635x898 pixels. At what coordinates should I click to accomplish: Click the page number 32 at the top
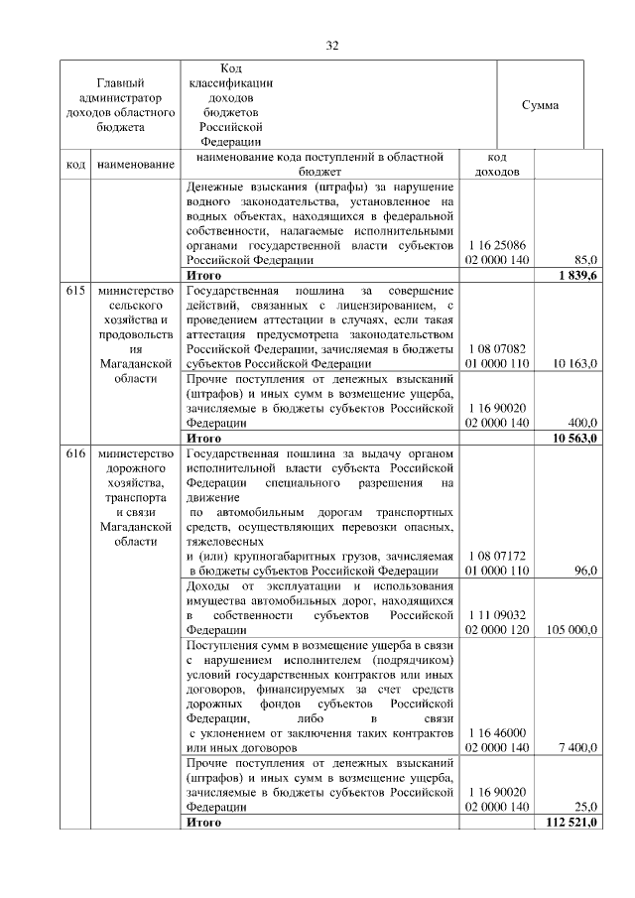(332, 45)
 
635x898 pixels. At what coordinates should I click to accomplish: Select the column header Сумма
(540, 105)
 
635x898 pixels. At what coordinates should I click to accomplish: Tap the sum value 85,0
(584, 260)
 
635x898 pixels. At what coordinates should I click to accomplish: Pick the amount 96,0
(585, 571)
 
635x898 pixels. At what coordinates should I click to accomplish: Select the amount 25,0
(585, 808)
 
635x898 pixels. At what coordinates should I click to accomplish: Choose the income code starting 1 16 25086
(497, 252)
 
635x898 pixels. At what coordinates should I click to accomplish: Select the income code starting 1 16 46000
(497, 739)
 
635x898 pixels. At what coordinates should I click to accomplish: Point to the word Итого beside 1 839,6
(204, 274)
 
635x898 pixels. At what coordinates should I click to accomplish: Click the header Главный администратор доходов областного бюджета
(120, 105)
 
